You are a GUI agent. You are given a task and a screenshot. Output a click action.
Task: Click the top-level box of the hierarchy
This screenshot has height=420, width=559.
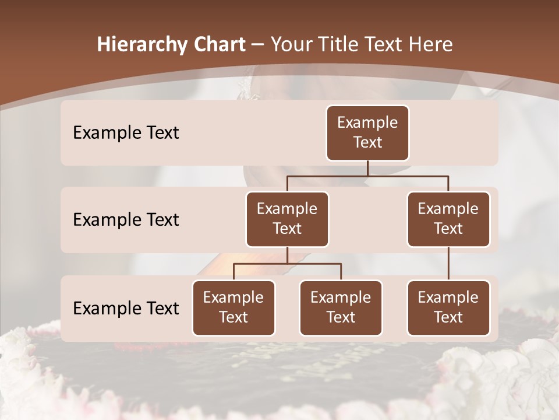click(x=367, y=133)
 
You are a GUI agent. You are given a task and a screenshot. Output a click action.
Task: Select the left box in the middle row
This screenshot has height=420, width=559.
click(x=287, y=219)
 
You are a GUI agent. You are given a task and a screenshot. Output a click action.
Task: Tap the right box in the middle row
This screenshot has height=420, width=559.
click(x=448, y=219)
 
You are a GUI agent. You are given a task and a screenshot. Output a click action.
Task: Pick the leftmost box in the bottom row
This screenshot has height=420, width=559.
click(x=233, y=307)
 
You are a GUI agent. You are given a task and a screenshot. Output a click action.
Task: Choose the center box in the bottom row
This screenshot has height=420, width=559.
click(x=341, y=307)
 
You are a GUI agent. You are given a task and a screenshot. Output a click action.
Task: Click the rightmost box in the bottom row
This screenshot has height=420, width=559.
click(x=448, y=307)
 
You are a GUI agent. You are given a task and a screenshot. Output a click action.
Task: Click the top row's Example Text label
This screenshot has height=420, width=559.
click(x=126, y=133)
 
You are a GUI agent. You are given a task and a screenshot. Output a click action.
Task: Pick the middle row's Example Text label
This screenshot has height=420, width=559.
click(x=126, y=220)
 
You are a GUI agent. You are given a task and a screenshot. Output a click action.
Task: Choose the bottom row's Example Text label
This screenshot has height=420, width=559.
click(x=126, y=308)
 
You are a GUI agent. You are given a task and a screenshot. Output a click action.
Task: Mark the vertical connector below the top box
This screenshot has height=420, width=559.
click(x=367, y=168)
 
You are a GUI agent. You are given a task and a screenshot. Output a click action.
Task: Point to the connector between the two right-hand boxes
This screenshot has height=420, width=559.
click(x=448, y=264)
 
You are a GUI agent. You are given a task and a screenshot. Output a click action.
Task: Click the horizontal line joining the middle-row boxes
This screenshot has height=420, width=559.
click(x=367, y=176)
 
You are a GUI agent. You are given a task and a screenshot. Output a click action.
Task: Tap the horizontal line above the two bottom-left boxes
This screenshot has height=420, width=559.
click(x=287, y=264)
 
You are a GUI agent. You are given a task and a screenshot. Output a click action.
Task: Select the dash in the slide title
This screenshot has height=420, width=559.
click(x=258, y=45)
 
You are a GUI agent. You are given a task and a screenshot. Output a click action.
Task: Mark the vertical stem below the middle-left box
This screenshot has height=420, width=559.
click(x=287, y=255)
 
